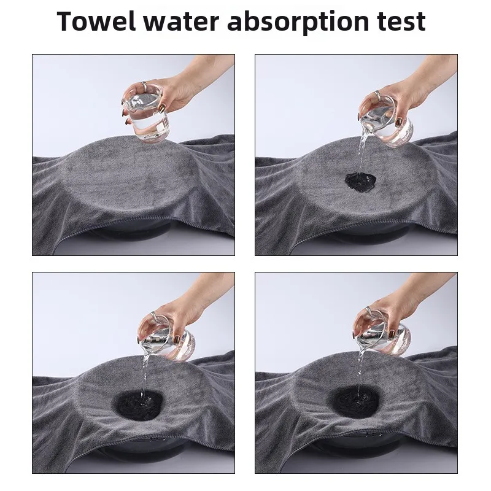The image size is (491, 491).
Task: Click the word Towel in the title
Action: point(96,21)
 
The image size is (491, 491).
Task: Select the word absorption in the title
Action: point(298,23)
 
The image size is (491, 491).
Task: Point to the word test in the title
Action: point(401,22)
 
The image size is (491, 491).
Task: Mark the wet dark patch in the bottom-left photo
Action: point(137,404)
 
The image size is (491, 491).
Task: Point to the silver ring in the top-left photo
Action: point(144,85)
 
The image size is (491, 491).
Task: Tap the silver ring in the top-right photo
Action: point(377,94)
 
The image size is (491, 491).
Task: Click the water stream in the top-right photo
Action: point(362,153)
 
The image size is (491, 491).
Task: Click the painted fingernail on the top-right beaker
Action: point(398,122)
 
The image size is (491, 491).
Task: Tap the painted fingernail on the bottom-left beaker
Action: point(177,339)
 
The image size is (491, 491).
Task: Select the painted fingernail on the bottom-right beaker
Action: point(392,333)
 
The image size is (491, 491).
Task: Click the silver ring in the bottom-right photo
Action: point(369,311)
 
